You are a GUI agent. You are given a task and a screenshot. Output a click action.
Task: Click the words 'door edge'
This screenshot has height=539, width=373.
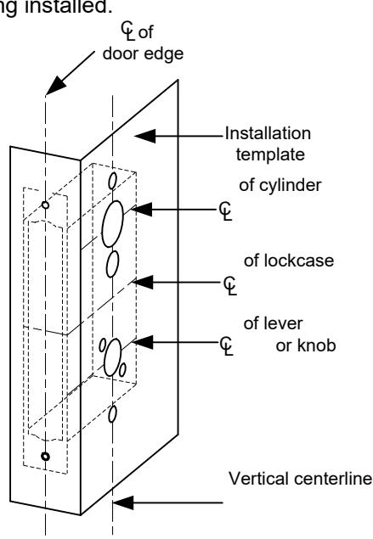tap(143, 54)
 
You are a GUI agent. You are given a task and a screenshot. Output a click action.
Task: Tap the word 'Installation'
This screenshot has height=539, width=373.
tap(268, 133)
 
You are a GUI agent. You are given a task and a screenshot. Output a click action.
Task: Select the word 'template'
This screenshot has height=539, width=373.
tap(270, 154)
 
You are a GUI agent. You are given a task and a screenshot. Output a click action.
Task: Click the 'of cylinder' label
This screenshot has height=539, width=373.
tap(280, 185)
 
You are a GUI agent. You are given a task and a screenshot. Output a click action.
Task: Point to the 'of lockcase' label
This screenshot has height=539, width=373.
tap(289, 261)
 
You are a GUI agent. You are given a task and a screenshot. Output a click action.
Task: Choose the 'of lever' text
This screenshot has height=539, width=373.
tap(273, 323)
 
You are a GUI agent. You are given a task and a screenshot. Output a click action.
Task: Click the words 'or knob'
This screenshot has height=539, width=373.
tap(306, 345)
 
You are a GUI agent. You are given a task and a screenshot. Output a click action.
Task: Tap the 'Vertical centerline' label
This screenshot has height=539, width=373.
tap(301, 479)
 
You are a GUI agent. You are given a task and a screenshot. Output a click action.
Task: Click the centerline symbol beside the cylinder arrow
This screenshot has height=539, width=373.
tap(226, 211)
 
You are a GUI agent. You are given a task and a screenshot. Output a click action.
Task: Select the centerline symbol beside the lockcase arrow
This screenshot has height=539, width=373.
tap(230, 286)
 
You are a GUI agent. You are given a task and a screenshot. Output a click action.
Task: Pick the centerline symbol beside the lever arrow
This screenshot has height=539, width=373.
tap(226, 345)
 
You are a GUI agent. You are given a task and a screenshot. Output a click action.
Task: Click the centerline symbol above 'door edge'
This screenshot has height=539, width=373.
tap(128, 31)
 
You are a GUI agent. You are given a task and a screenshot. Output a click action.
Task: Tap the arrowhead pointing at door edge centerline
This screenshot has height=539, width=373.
tap(55, 86)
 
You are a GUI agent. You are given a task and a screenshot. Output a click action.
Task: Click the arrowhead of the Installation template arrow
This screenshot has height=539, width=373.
tap(144, 136)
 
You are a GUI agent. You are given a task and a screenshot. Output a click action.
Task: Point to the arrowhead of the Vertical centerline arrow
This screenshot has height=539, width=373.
tap(123, 503)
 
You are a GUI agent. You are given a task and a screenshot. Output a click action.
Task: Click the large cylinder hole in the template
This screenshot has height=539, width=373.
tap(112, 224)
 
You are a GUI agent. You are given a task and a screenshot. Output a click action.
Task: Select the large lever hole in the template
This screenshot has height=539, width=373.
tap(112, 357)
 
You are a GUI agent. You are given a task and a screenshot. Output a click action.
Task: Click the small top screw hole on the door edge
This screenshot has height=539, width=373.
tap(45, 205)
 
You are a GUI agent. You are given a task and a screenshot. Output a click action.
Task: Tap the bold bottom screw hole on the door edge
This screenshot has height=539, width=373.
tap(45, 457)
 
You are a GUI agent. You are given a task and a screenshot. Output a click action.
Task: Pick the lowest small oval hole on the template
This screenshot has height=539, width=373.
tap(112, 414)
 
